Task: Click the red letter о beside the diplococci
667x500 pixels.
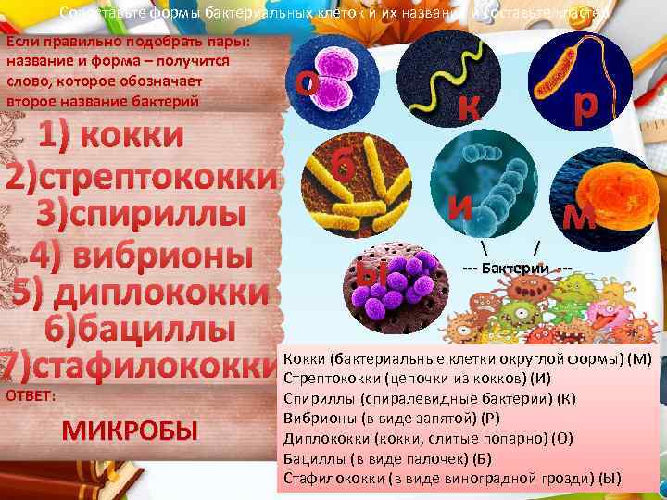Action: point(308,81)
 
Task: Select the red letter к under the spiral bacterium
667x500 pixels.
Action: point(468,108)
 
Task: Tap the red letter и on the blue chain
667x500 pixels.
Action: point(460,205)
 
